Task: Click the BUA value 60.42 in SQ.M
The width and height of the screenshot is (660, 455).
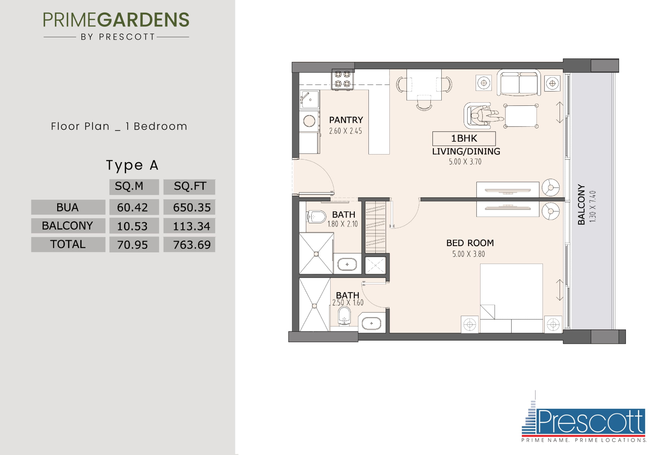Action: click(x=132, y=207)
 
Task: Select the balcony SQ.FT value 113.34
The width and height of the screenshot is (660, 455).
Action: click(x=192, y=226)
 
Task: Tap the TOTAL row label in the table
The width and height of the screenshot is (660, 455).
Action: click(x=68, y=244)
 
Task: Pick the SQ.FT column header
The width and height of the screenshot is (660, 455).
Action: click(x=190, y=186)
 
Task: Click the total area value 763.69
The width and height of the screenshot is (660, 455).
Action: click(x=192, y=245)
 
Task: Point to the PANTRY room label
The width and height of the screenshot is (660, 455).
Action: click(x=346, y=120)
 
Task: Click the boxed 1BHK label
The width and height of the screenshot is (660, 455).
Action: click(x=464, y=138)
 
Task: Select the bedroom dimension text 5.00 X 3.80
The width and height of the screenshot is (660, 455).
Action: click(x=468, y=254)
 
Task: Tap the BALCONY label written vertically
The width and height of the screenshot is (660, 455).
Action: click(x=581, y=204)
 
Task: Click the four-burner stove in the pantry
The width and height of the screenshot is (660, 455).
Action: click(x=342, y=79)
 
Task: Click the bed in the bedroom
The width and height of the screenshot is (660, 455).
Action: click(x=511, y=298)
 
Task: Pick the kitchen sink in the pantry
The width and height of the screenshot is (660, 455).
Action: click(x=310, y=100)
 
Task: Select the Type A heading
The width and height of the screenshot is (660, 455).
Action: click(x=132, y=165)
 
